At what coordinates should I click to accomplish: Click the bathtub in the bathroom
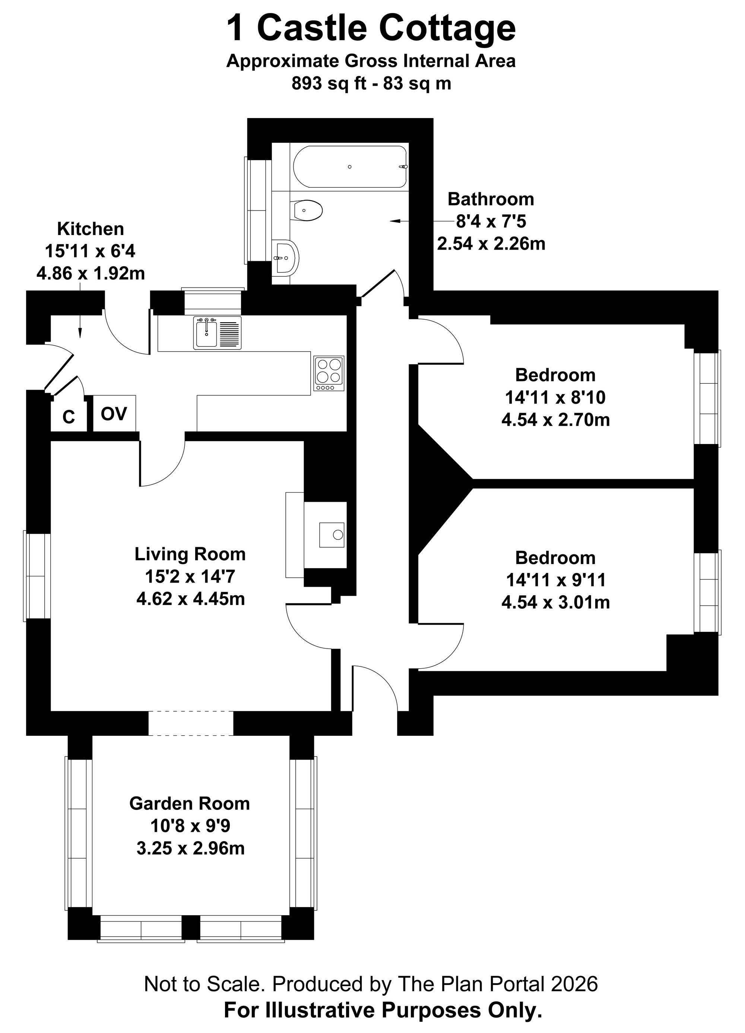tap(350, 166)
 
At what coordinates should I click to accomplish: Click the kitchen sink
tap(217, 333)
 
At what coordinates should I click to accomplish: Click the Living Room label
tap(190, 554)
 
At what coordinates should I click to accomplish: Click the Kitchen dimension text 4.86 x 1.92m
tap(91, 273)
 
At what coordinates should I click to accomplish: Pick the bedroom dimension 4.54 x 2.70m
tap(555, 419)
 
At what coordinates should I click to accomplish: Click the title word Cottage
tap(447, 28)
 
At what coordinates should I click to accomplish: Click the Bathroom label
tap(491, 199)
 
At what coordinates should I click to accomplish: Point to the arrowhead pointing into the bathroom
tap(394, 221)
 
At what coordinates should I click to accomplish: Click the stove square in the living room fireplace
tap(332, 535)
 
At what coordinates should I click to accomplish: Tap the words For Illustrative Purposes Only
tap(383, 1009)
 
